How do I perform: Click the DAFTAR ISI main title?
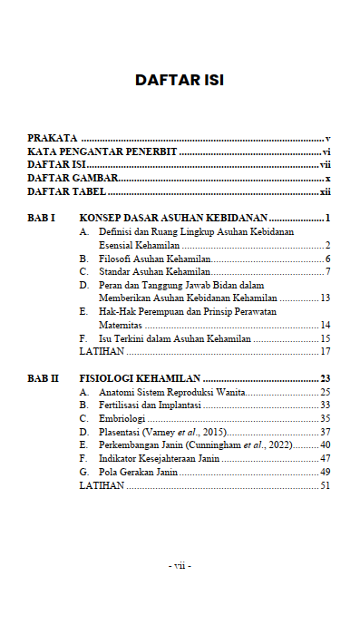tap(180, 80)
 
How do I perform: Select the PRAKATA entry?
tap(52, 138)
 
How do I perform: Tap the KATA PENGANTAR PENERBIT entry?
tap(102, 151)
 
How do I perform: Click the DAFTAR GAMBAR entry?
tap(73, 179)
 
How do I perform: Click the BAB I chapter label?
tap(42, 219)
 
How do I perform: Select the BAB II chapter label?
tap(44, 377)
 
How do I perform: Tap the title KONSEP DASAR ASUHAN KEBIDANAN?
tap(173, 219)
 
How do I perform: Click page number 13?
tap(325, 298)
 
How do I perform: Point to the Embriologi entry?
tap(122, 418)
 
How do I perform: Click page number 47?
tap(325, 459)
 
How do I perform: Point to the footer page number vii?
tap(180, 565)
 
